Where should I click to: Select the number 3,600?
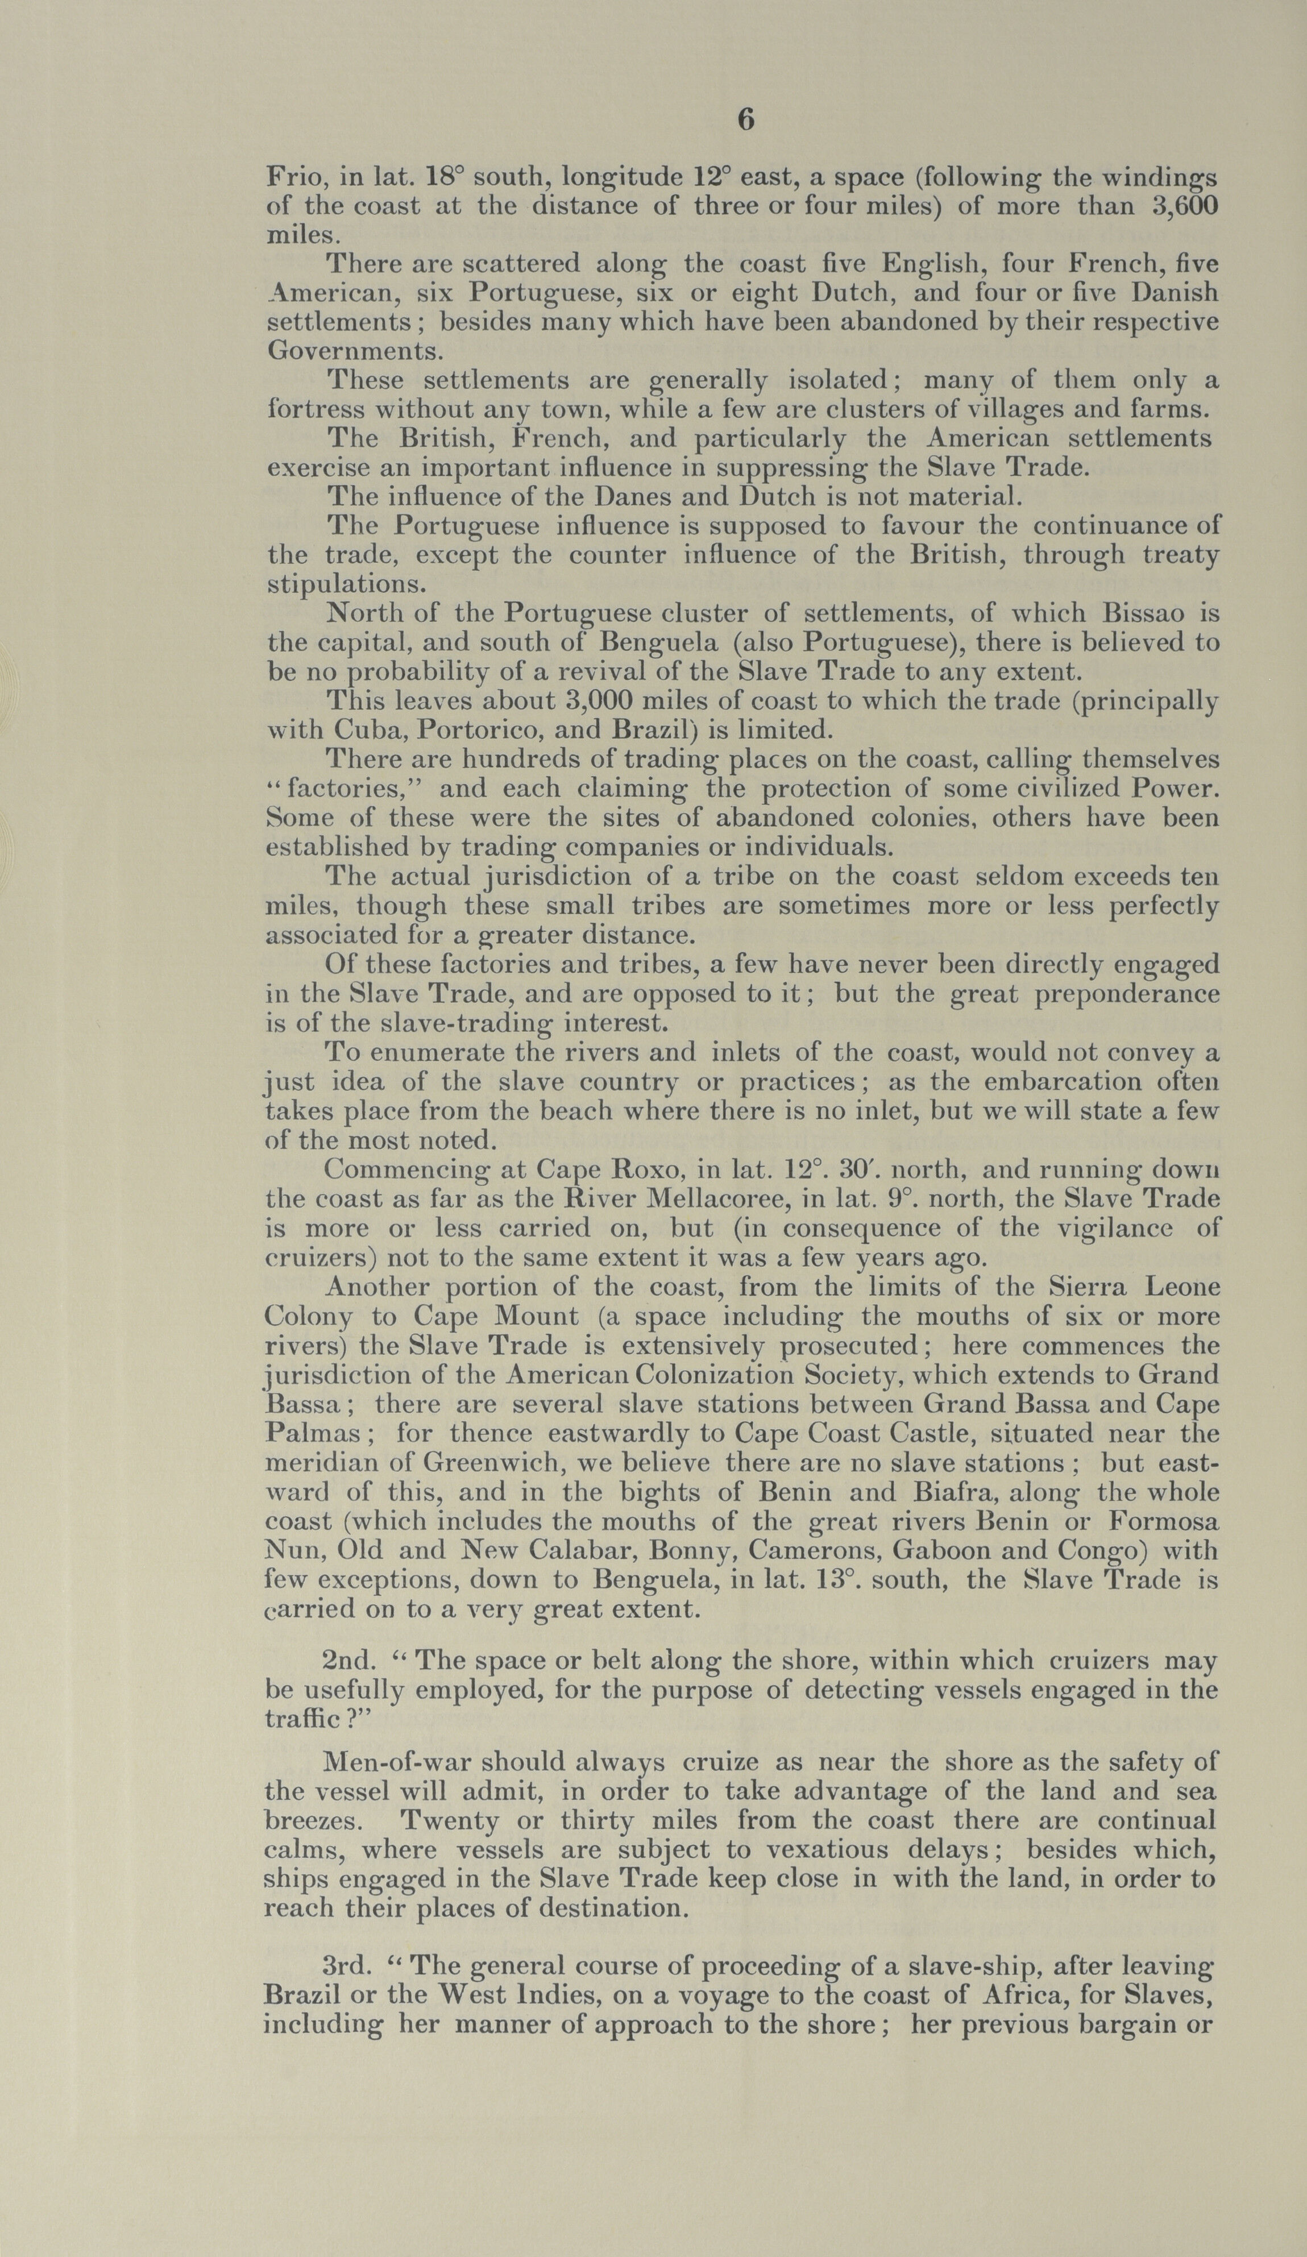coord(1182,206)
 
